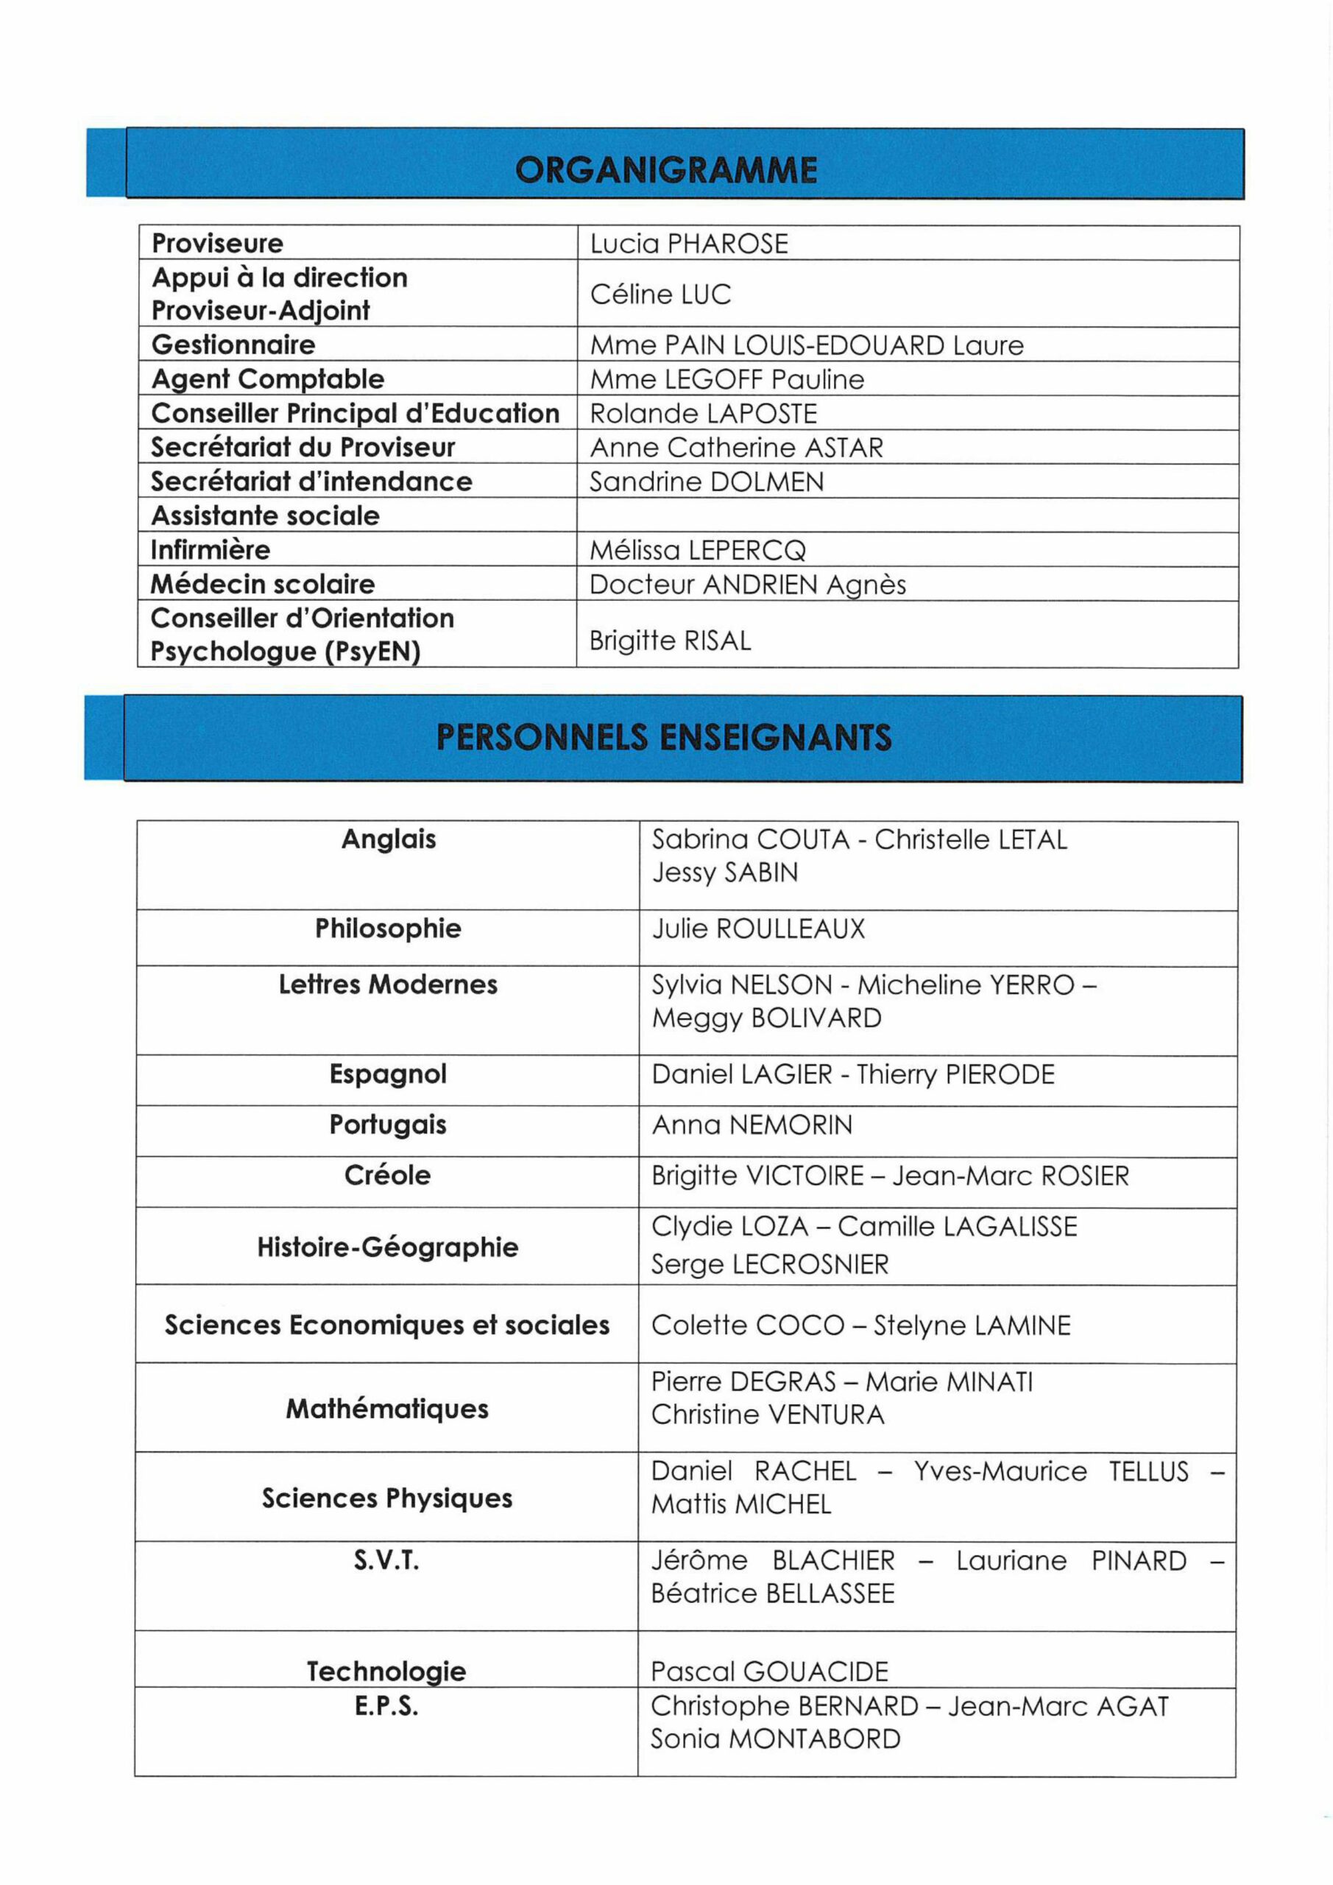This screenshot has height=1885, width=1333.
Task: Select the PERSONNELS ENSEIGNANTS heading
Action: point(663,737)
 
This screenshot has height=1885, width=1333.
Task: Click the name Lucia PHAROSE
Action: point(689,244)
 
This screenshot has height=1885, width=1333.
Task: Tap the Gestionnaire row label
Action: point(233,345)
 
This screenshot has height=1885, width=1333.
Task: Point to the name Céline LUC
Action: point(660,294)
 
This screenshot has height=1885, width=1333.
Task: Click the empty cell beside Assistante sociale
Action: point(907,515)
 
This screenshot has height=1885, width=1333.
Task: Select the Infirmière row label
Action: point(210,549)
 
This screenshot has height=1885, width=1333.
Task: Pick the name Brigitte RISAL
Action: point(670,641)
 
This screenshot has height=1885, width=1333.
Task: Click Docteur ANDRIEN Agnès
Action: point(747,585)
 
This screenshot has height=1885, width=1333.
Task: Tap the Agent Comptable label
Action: point(268,378)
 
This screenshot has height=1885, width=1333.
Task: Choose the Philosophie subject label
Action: point(387,929)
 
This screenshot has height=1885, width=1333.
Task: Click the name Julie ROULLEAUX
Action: point(758,929)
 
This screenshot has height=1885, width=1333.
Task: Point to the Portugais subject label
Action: point(387,1125)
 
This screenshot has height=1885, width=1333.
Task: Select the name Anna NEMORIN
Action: point(752,1125)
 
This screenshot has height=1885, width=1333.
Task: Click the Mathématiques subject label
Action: point(386,1409)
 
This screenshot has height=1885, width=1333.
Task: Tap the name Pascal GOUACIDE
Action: point(769,1671)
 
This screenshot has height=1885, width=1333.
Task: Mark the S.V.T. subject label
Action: point(386,1560)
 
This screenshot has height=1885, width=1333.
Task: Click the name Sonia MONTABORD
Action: point(775,1739)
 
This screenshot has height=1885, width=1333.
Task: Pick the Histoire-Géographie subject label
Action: point(387,1247)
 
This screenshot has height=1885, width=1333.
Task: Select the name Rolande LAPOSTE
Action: point(704,413)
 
